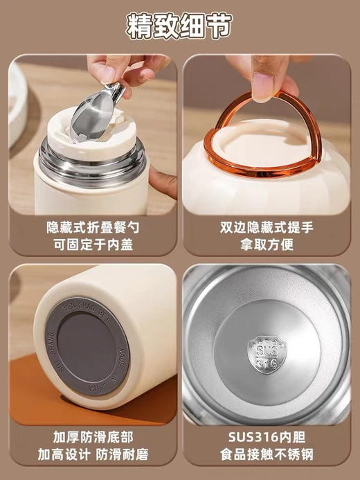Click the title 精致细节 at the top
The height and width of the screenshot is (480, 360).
coord(179,26)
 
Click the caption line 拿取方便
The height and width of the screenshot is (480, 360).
coord(269,244)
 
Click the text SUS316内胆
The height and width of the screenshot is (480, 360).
coord(269,437)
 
